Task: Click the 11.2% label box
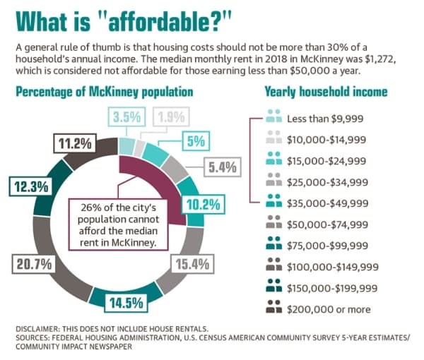[x=75, y=143]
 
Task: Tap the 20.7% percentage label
[x=33, y=264]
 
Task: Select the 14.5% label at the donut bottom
[x=126, y=303]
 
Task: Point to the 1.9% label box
[x=171, y=117]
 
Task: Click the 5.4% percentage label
[x=223, y=167]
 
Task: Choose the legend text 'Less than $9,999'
[x=325, y=119]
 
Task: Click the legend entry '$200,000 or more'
[x=318, y=309]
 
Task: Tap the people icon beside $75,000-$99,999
[x=274, y=243]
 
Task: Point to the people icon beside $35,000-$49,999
[x=274, y=200]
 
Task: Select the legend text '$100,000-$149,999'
[x=333, y=267]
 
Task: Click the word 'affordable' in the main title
[x=161, y=22]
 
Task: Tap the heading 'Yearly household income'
[x=326, y=92]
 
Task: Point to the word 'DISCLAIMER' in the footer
[x=37, y=329]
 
